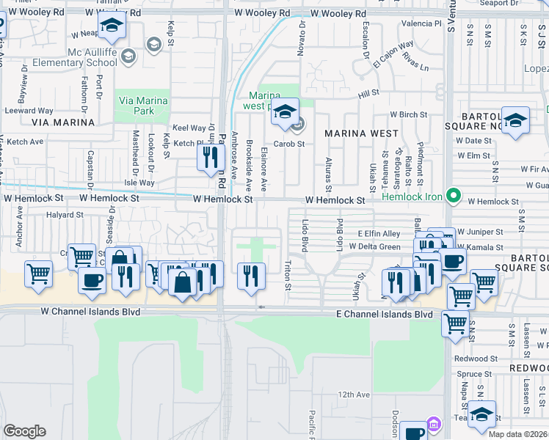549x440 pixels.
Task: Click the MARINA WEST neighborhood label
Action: pos(362,133)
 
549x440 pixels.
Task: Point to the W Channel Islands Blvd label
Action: pos(90,312)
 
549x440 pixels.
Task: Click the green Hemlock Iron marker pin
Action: pos(454,196)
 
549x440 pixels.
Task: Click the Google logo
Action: pos(24,431)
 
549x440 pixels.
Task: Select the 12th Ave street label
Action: pos(355,395)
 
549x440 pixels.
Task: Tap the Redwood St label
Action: pos(476,359)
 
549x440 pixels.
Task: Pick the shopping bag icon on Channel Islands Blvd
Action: pos(182,282)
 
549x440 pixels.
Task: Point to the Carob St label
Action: pos(289,144)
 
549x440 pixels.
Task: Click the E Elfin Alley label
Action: pos(379,233)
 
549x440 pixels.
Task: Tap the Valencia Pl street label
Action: pos(421,23)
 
